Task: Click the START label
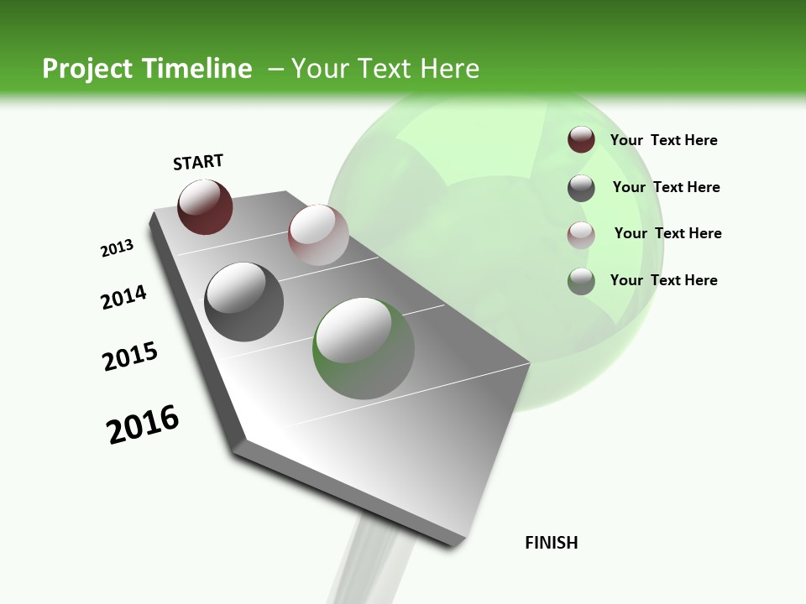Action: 198,162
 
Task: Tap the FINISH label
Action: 552,543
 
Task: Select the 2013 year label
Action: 117,248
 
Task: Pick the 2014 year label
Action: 123,298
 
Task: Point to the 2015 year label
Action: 130,357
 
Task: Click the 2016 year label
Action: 143,424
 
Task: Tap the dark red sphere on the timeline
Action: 205,206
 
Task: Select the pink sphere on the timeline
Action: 318,235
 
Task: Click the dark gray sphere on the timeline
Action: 244,302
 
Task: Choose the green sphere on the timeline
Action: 364,348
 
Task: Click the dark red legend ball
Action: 581,140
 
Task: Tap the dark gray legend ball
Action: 581,188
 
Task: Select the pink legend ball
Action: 581,234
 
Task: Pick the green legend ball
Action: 581,281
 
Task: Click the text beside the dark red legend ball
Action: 663,140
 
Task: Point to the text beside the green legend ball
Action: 663,280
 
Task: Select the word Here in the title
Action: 449,69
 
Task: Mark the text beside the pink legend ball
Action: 667,233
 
